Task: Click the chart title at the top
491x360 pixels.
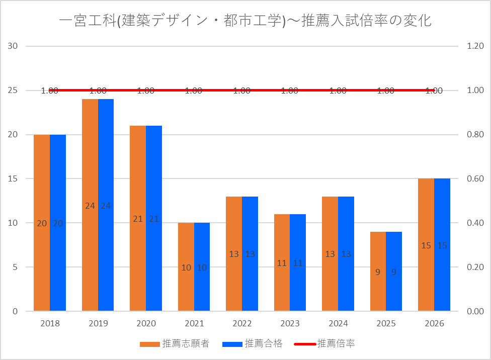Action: tap(245, 21)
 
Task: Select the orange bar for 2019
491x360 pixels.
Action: tap(90, 205)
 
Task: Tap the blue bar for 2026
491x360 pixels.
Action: tap(442, 245)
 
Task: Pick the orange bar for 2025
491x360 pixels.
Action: tap(378, 272)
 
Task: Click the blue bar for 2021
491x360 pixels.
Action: tap(202, 266)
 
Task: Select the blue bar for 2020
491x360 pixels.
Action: tap(154, 218)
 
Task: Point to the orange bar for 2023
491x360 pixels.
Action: tap(282, 262)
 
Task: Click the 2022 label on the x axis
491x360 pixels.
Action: tap(242, 323)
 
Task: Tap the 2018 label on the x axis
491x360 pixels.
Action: tap(50, 323)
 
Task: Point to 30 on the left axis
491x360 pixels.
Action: tap(13, 46)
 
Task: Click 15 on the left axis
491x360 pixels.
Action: tap(13, 179)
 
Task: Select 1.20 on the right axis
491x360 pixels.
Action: tap(475, 46)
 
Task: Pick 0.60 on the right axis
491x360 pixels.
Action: tap(475, 179)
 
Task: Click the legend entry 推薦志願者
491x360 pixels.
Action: tap(175, 344)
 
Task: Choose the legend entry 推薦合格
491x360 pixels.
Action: tap(253, 344)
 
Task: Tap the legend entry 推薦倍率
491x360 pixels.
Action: tap(324, 344)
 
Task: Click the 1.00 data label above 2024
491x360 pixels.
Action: tap(338, 91)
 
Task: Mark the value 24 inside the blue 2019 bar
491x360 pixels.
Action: tap(106, 206)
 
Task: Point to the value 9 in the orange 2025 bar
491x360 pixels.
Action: tap(378, 272)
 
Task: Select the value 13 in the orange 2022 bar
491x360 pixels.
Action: tap(234, 254)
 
